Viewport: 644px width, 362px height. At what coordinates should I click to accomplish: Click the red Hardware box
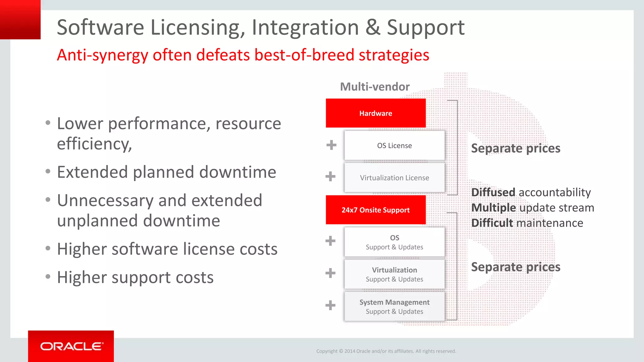pos(375,113)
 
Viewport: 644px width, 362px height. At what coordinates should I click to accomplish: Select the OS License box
pos(394,145)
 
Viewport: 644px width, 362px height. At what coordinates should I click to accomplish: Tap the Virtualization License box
pos(394,178)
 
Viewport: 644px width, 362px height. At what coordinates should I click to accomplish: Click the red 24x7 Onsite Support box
pos(375,210)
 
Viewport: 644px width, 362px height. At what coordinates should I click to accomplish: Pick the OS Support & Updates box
pos(394,242)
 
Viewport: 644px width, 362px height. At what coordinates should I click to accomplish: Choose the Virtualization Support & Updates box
pos(394,274)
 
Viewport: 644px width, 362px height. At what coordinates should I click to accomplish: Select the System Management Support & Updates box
pos(394,307)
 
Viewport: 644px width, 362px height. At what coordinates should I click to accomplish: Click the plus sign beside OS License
pos(331,145)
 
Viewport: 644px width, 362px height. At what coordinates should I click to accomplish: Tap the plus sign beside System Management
pos(330,305)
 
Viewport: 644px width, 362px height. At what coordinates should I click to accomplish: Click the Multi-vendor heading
pos(375,87)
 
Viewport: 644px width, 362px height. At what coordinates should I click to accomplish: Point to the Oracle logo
pos(71,346)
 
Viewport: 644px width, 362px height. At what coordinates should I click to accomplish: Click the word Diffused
pos(493,192)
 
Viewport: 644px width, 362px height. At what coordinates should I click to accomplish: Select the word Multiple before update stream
pos(493,208)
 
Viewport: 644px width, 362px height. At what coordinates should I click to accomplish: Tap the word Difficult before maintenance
pos(492,223)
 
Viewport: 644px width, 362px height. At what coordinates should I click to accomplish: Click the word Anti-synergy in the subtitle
pos(102,55)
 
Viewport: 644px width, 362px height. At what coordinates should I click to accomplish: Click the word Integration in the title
pos(305,28)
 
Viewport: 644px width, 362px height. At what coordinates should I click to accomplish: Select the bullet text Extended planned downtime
pos(166,172)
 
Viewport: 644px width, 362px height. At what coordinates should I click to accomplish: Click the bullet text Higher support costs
pos(135,277)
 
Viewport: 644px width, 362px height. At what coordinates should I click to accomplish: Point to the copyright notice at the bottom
pos(386,351)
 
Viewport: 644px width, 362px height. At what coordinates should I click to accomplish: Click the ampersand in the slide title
pos(373,28)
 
